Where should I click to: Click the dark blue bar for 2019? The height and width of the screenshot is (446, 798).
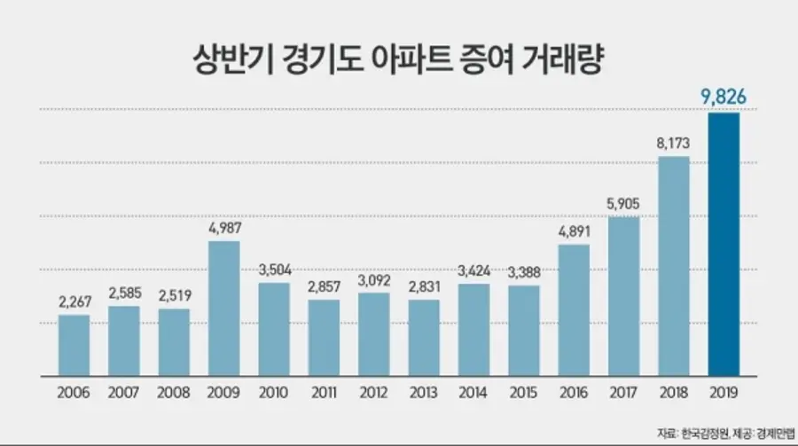(724, 244)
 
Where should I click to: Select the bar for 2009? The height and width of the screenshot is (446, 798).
(224, 308)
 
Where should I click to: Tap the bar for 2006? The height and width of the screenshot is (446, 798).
(74, 344)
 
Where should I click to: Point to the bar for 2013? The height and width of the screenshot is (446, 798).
(424, 337)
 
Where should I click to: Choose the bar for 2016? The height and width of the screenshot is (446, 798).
(574, 309)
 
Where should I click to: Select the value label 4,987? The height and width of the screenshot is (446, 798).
(224, 228)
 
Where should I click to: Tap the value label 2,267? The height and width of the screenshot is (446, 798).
(74, 301)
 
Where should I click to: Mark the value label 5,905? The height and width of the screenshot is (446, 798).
(624, 202)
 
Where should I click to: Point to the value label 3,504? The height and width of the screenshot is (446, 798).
(274, 270)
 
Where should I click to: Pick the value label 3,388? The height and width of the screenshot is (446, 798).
(524, 271)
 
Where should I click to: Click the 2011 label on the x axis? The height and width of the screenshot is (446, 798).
(324, 391)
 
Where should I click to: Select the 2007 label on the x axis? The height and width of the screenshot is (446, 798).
(124, 391)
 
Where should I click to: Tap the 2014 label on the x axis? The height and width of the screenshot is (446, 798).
(473, 391)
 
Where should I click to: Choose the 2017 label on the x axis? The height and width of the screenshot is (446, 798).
(624, 391)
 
